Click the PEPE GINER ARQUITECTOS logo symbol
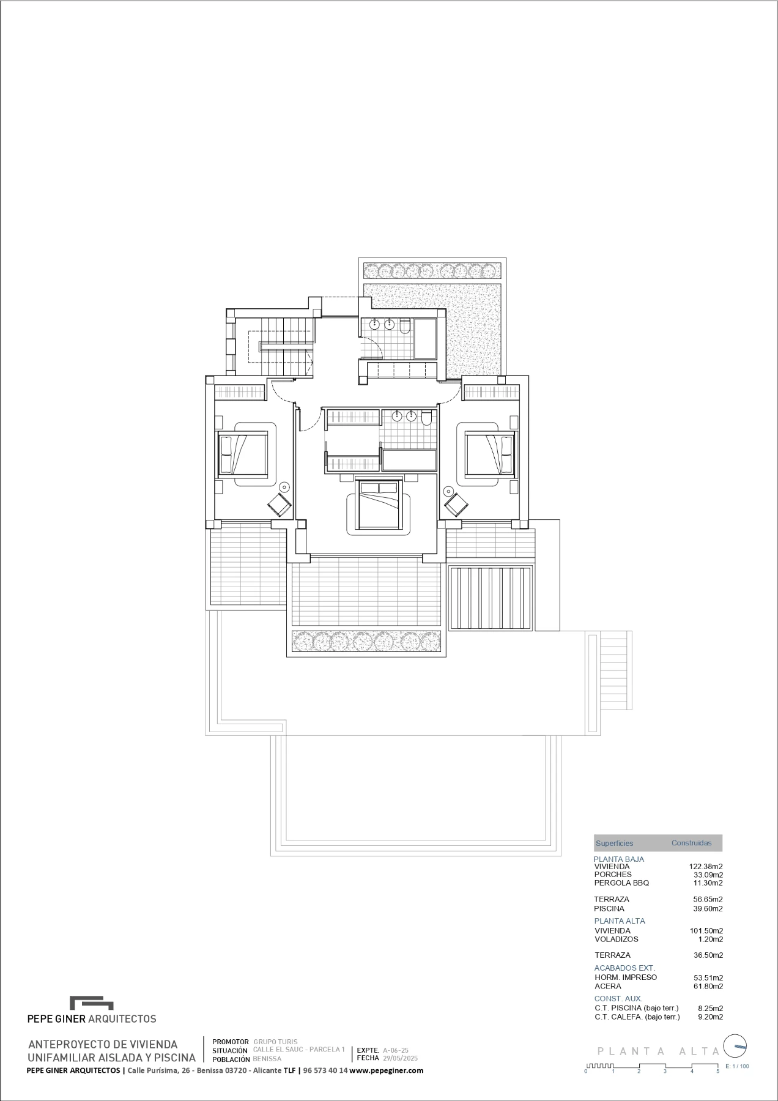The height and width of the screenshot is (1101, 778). coord(92,1004)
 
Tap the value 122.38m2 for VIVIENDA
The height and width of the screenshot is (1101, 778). coord(706,866)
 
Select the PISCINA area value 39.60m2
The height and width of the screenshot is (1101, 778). coord(708,908)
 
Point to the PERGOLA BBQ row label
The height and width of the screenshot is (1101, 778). coord(621,883)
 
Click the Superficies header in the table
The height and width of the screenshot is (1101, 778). coord(614,843)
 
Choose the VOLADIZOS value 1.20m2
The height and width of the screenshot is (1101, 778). coord(710,939)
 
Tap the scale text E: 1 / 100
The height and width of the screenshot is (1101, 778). coord(736,1066)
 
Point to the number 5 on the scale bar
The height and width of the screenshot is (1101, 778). coord(718,1071)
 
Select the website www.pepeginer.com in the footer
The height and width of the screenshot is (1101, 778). coord(387,1070)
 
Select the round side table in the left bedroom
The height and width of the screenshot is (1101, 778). coord(284,487)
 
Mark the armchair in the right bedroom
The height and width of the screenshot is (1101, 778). coord(456,505)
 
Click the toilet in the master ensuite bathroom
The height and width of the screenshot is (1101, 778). coord(426,417)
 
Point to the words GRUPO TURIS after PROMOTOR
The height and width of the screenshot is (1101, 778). coord(275,1042)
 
